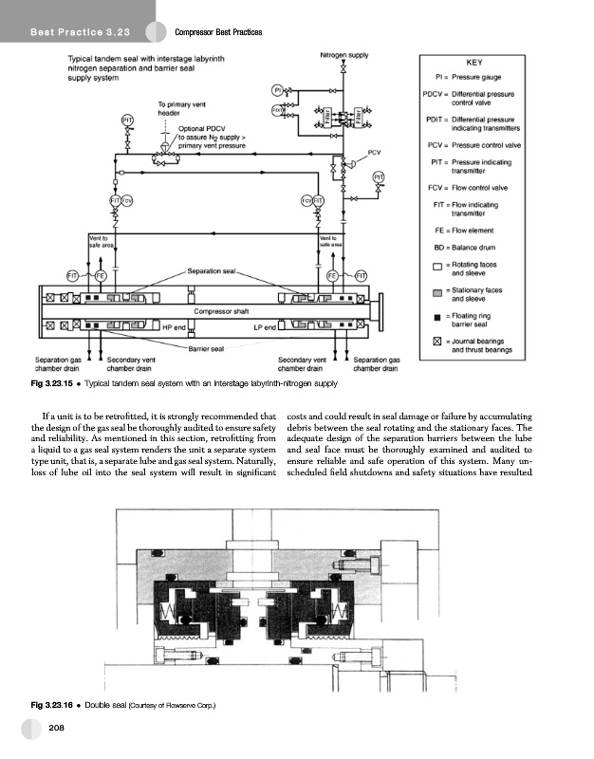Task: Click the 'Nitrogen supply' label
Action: [x=344, y=55]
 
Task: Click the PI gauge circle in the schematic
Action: [x=277, y=90]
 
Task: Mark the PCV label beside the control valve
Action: [x=374, y=153]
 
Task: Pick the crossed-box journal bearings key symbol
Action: [x=436, y=342]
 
